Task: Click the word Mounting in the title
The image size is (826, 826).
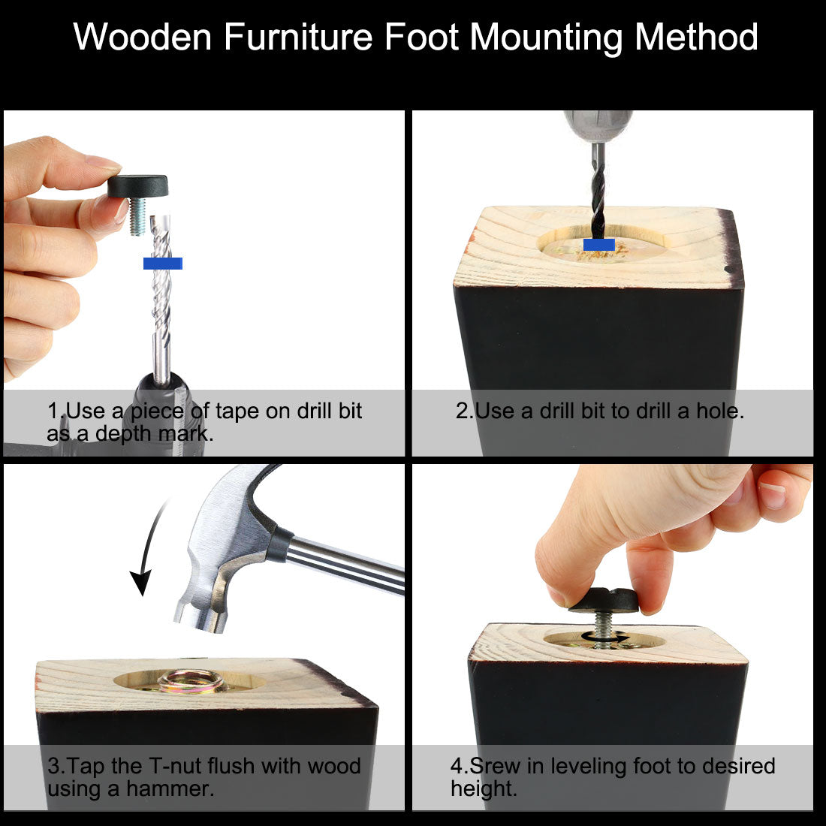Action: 547,38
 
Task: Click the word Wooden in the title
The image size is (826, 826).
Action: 142,37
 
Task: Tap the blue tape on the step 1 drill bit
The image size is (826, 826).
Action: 163,264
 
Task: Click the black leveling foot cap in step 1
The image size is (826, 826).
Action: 138,186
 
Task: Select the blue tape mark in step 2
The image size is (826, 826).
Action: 599,245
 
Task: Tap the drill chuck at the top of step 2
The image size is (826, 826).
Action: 598,125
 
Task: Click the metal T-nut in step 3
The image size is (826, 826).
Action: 191,681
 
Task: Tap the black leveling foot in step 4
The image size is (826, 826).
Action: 604,601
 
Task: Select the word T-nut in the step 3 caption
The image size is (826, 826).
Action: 176,766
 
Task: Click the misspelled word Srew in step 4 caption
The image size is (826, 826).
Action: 495,766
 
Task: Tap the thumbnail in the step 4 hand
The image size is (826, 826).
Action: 773,495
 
